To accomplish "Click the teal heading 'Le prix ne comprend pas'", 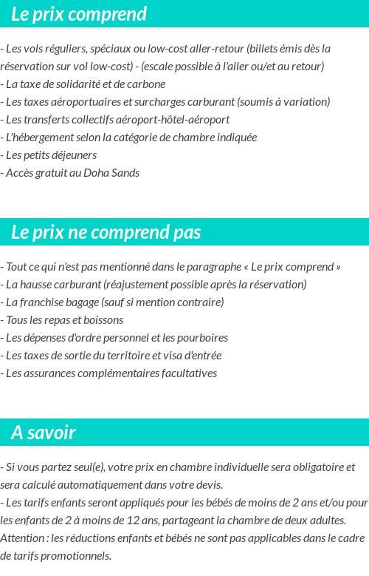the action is coord(106,232).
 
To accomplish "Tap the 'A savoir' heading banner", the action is coord(44,433).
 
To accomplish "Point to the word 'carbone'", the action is coord(146,84).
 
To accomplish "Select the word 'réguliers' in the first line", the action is coord(65,49).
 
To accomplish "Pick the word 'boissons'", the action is coord(103,320).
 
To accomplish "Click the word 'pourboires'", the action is coord(201,338).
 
